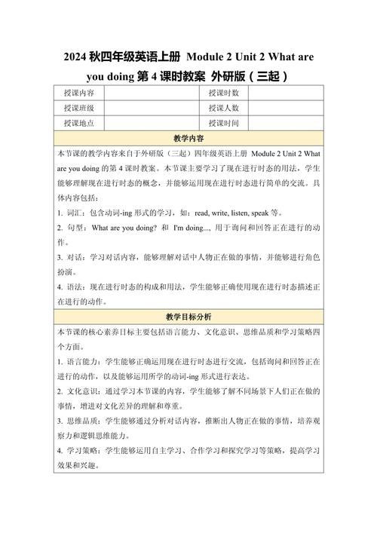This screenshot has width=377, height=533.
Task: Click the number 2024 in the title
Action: tap(77, 57)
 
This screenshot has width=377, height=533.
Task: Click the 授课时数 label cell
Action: tap(223, 93)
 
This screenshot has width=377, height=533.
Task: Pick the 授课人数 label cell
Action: tap(223, 108)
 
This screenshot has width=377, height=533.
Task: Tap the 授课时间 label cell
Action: tap(223, 123)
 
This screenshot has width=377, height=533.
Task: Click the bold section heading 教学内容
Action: tap(188, 139)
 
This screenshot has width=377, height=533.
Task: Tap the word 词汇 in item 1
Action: tap(75, 213)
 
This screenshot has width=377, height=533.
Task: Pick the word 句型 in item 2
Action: tap(75, 228)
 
